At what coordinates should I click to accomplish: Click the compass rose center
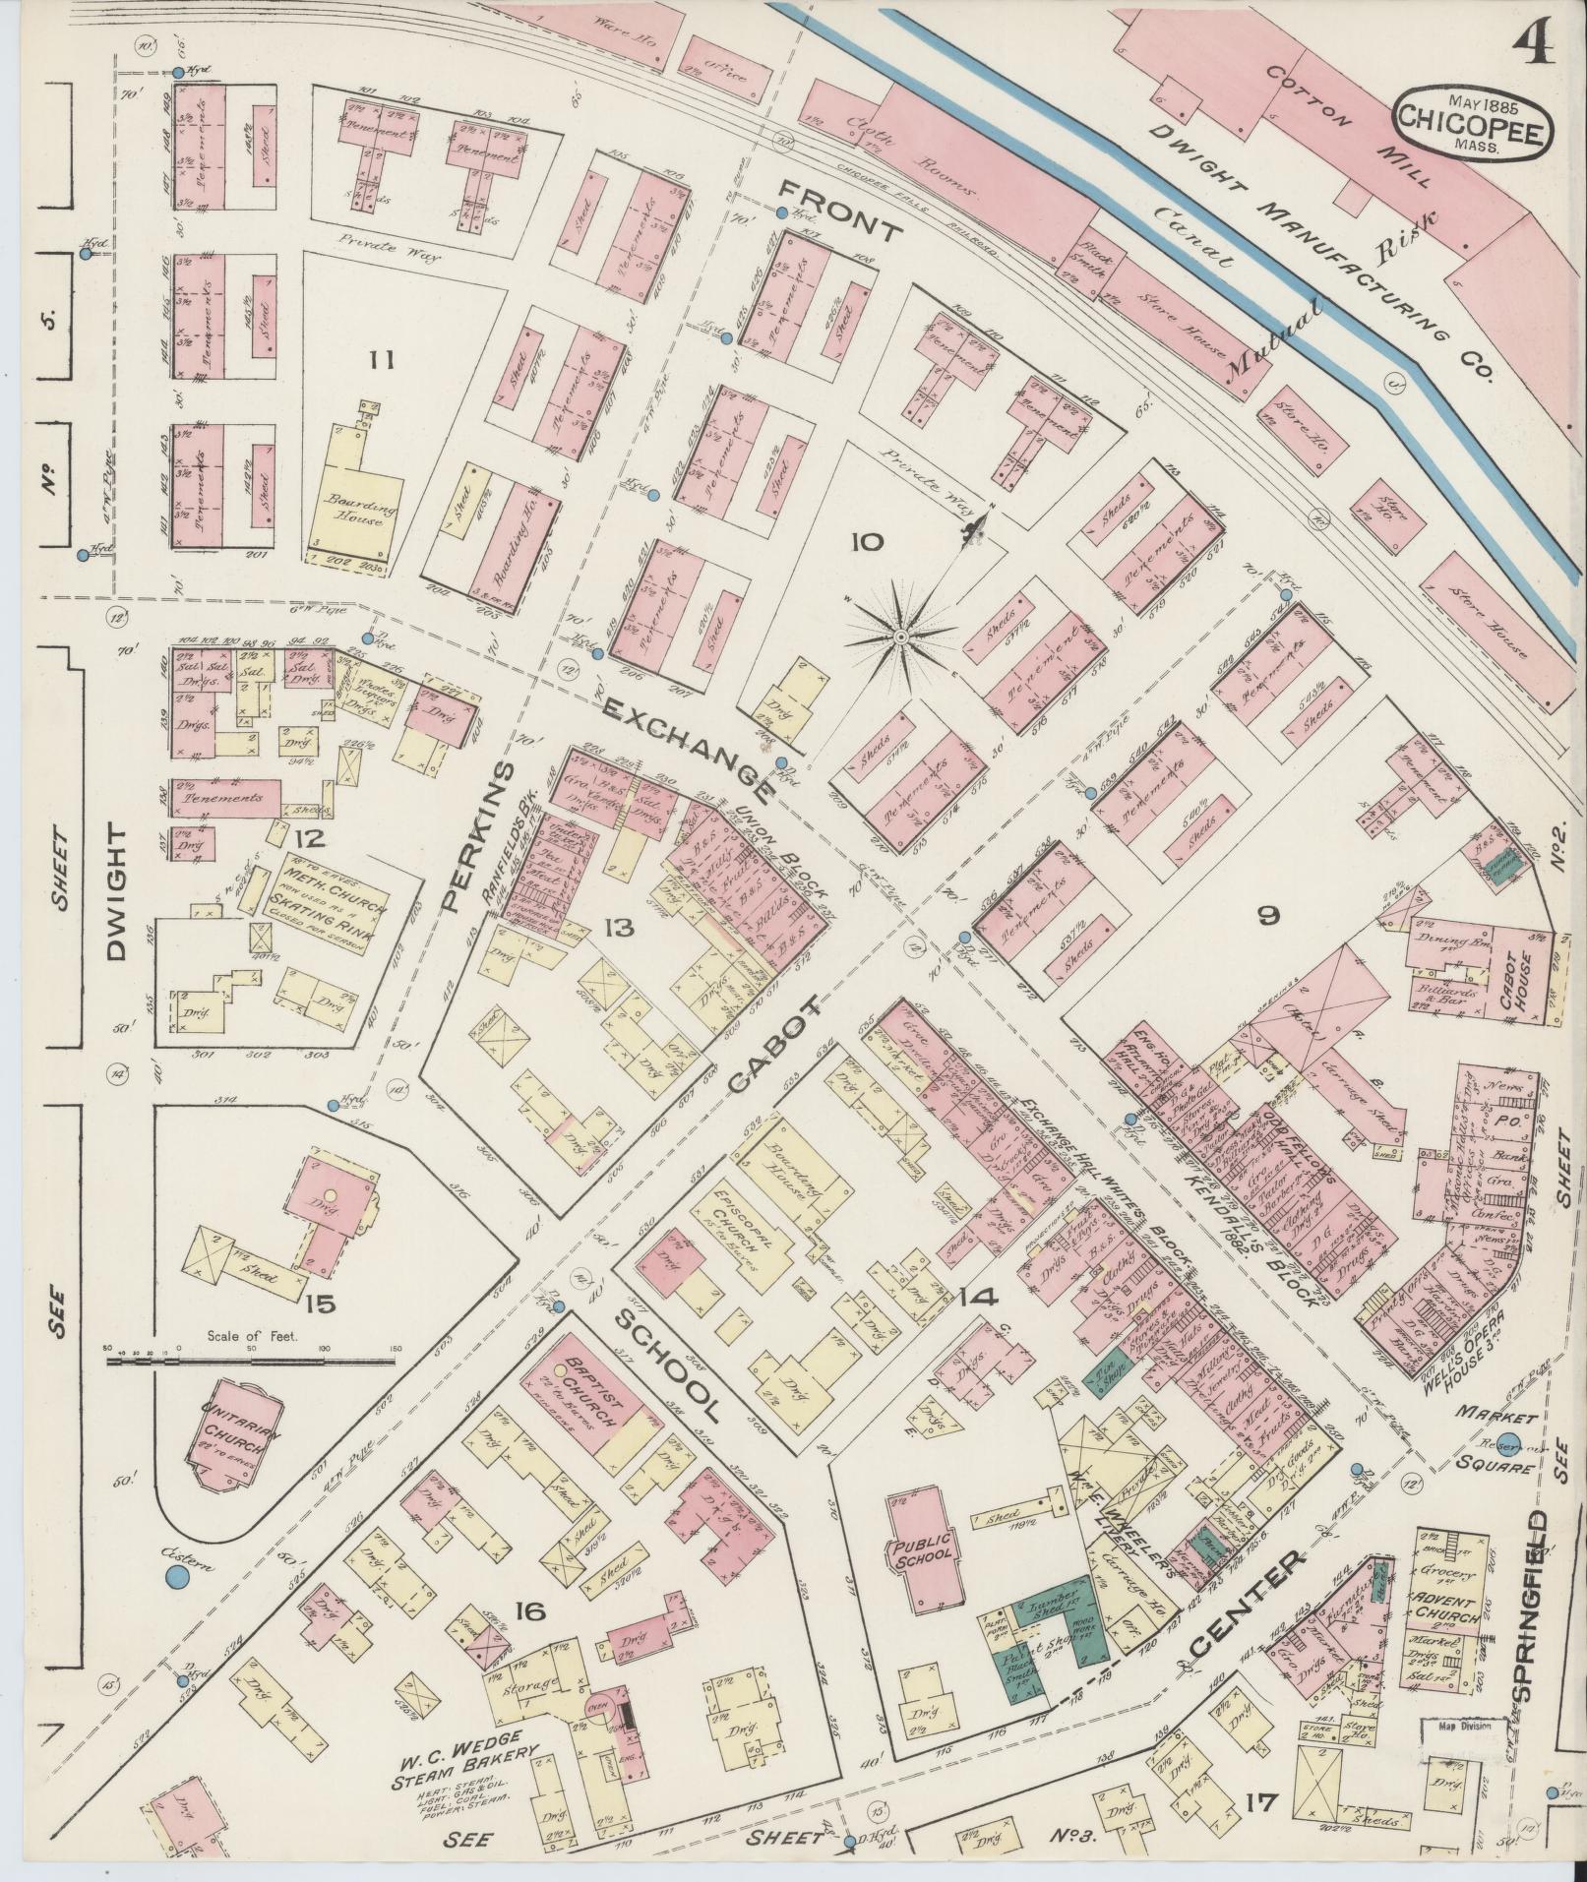(899, 637)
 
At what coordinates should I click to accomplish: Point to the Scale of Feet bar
(251, 1360)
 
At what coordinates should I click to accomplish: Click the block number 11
(382, 361)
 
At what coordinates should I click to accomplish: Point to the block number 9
(1268, 916)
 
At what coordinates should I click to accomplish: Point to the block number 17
(1259, 1802)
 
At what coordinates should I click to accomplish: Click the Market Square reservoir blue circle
(1512, 1443)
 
